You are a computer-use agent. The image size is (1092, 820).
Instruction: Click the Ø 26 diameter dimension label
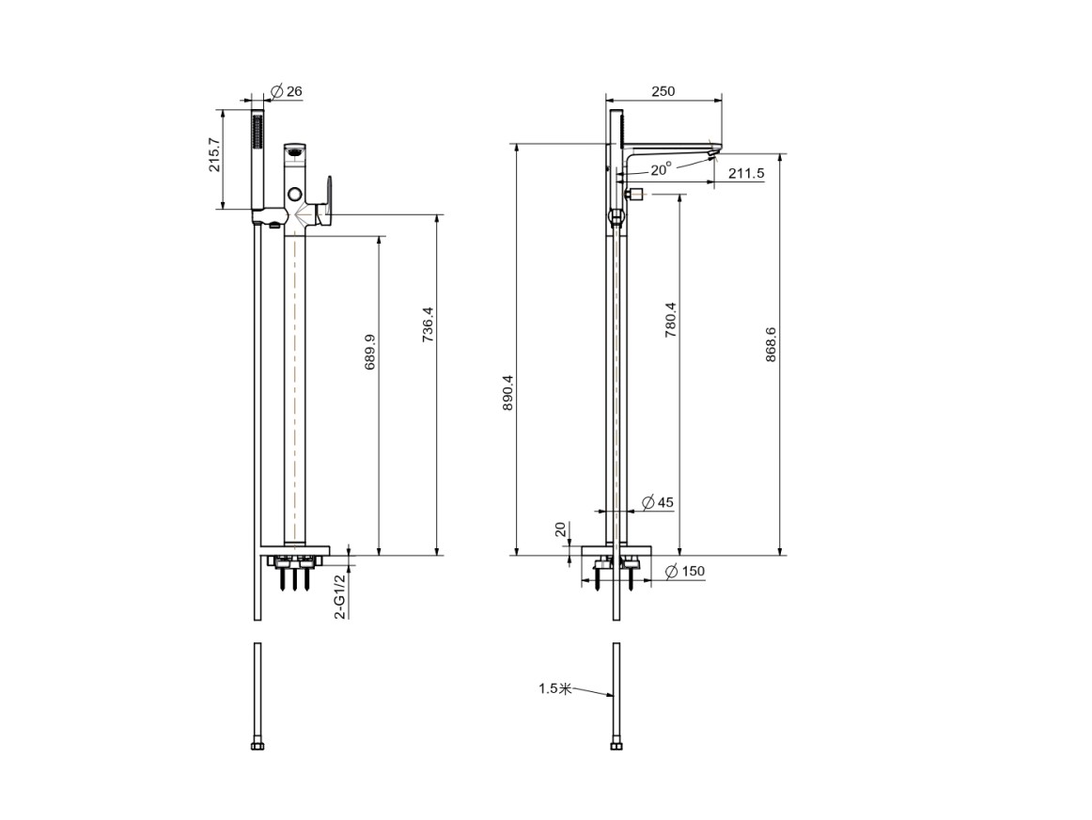286,91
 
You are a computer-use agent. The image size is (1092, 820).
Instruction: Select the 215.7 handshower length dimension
214,155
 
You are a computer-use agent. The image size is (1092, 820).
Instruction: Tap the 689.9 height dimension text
370,352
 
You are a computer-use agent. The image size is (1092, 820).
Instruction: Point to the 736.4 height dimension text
428,324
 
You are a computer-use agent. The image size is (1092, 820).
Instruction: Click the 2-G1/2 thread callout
340,596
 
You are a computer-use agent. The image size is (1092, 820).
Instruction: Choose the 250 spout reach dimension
663,91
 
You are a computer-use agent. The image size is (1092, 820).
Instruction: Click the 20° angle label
662,169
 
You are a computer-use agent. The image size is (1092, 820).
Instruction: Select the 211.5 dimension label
746,173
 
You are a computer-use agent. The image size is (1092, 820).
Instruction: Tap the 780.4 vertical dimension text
670,320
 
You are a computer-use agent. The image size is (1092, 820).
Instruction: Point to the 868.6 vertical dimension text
771,344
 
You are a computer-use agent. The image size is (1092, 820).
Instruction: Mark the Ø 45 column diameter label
658,502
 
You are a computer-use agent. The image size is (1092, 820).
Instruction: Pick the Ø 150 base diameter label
684,572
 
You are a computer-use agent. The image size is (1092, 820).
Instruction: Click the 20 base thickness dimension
561,530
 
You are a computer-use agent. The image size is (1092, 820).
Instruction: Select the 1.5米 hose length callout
554,688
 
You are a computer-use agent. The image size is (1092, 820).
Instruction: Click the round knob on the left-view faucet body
295,194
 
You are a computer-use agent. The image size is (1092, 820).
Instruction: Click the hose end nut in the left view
257,746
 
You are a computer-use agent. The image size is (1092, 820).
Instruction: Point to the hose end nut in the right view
616,746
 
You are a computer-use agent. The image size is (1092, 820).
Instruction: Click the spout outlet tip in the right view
714,152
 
